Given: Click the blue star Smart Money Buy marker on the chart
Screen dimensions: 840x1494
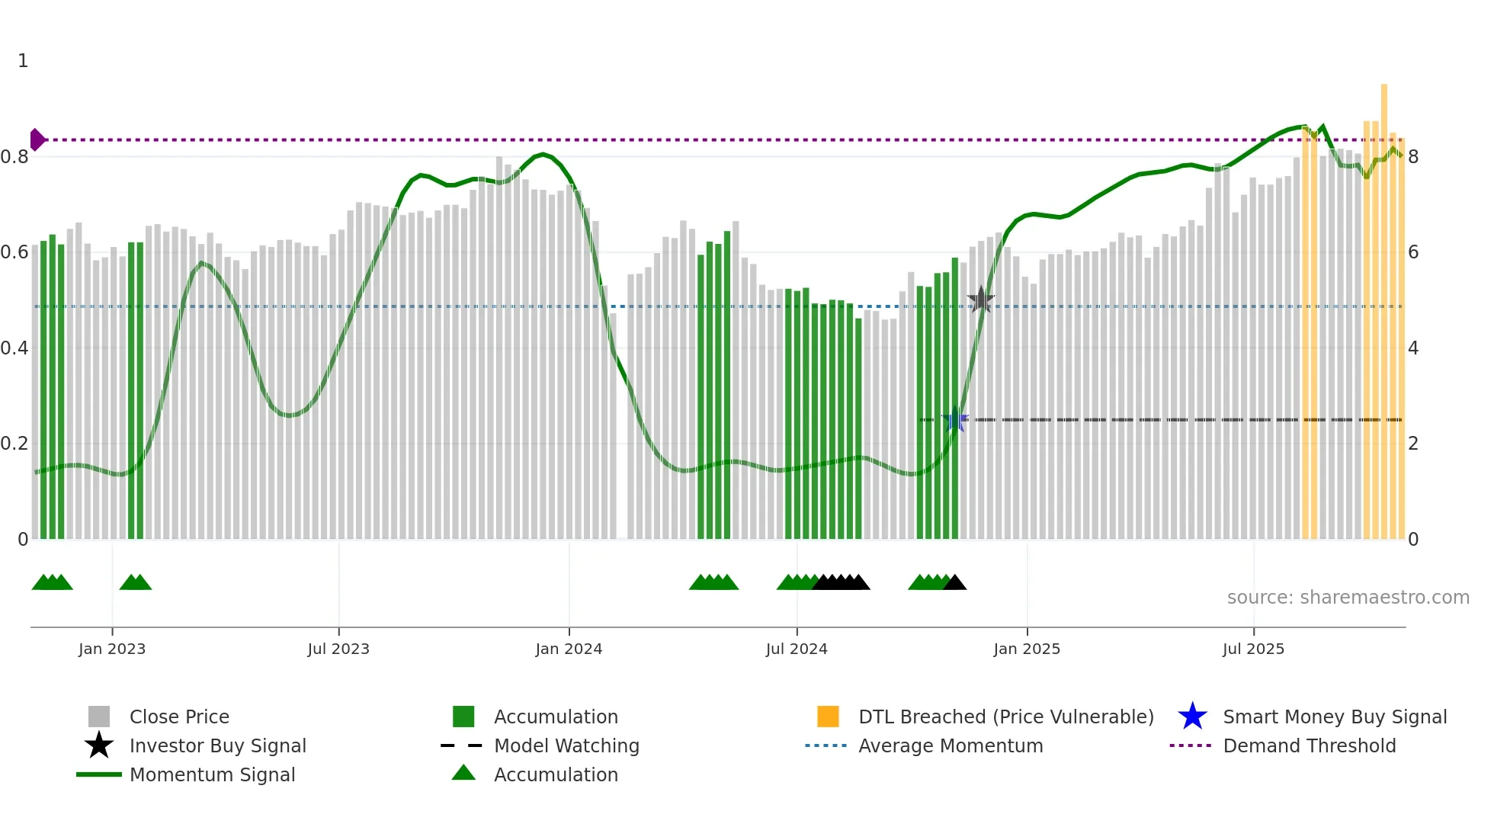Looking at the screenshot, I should [954, 419].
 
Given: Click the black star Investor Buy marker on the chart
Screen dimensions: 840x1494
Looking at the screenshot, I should [981, 300].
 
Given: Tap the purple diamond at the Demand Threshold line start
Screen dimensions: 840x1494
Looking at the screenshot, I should [37, 139].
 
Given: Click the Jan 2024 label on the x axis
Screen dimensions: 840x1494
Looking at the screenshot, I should [569, 649].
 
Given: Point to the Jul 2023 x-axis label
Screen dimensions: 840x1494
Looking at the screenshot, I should [338, 649].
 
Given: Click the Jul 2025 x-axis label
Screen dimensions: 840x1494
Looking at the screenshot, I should [1253, 649].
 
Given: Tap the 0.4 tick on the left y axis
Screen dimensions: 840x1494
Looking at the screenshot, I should [14, 348].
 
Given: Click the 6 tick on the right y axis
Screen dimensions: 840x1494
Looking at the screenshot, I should [1413, 252].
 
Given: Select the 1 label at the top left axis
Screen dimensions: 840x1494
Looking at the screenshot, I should [23, 61].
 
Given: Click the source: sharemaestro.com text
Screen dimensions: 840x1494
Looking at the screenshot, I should [1348, 598].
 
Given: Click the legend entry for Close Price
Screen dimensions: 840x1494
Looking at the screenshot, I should [179, 717].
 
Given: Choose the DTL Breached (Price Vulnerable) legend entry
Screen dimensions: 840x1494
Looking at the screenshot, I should [1005, 717].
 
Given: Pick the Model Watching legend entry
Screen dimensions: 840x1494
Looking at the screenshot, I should [566, 745].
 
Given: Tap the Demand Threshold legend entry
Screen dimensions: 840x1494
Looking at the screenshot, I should [1309, 745].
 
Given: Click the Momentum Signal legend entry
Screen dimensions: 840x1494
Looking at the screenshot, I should [212, 774].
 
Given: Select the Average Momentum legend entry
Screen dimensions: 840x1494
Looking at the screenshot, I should [950, 745].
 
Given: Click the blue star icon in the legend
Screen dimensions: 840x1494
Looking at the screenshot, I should [1192, 717].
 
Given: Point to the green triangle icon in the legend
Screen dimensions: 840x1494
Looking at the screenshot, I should [463, 774].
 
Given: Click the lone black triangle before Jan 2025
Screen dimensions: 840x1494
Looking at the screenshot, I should [955, 583].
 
